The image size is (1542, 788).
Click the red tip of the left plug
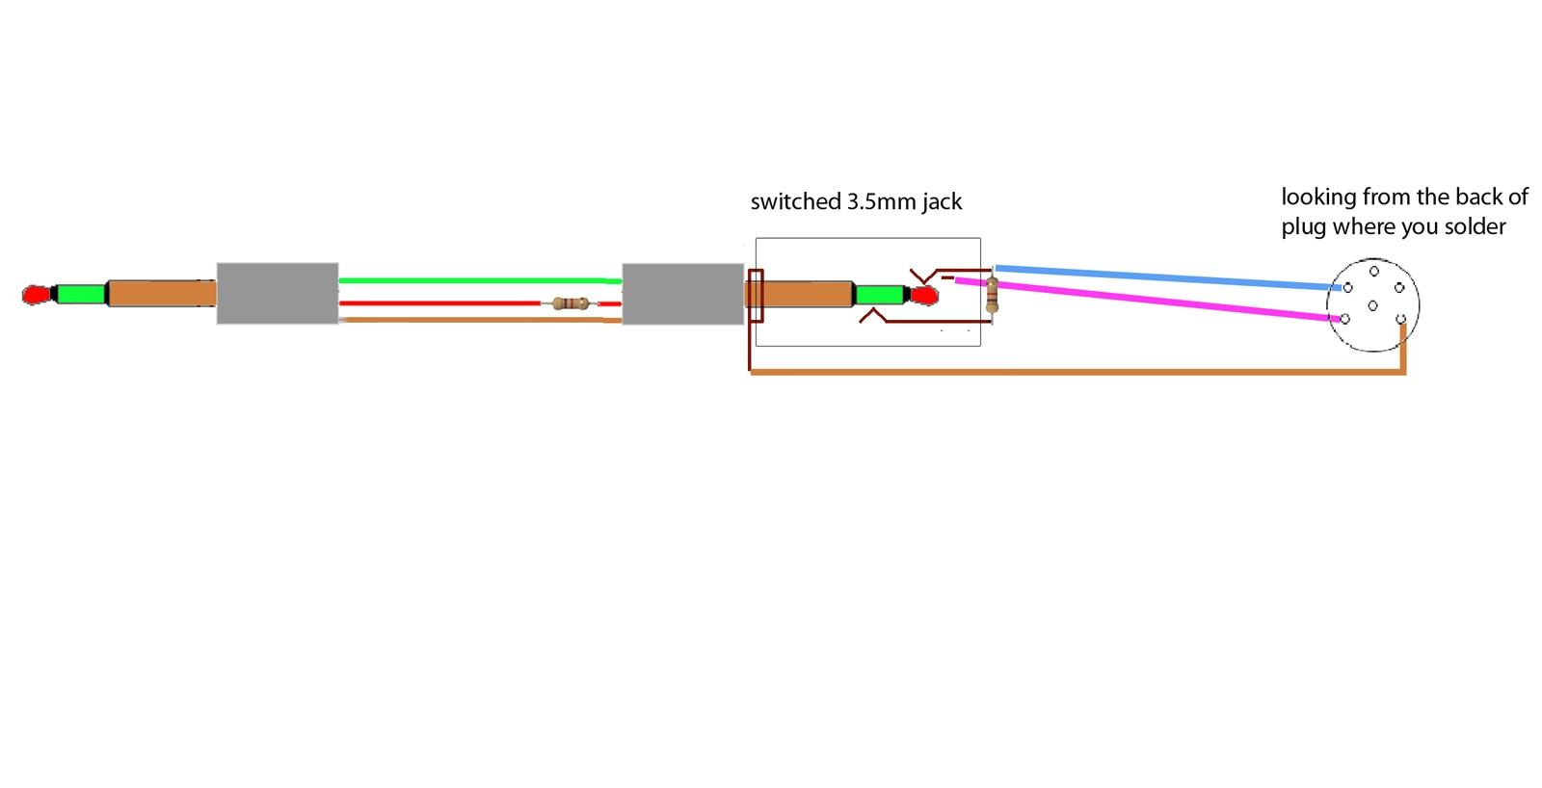coord(36,295)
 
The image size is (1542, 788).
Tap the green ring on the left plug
coord(80,293)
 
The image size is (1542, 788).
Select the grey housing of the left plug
coord(277,293)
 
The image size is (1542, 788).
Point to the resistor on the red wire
coord(571,303)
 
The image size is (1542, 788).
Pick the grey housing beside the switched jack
coord(682,293)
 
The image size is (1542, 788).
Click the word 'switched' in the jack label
coord(795,202)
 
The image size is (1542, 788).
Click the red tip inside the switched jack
coord(924,295)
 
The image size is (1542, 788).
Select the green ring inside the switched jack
coord(878,294)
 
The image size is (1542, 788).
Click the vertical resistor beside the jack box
coord(992,295)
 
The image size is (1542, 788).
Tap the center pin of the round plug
coord(1372,305)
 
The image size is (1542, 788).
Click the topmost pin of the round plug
coord(1374,272)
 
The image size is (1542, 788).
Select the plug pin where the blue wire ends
coord(1348,288)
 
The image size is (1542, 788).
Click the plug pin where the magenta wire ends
coord(1345,319)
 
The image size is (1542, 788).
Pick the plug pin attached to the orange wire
coord(1400,319)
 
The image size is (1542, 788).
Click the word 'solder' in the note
coord(1475,227)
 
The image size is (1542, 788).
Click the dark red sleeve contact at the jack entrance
coord(756,296)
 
